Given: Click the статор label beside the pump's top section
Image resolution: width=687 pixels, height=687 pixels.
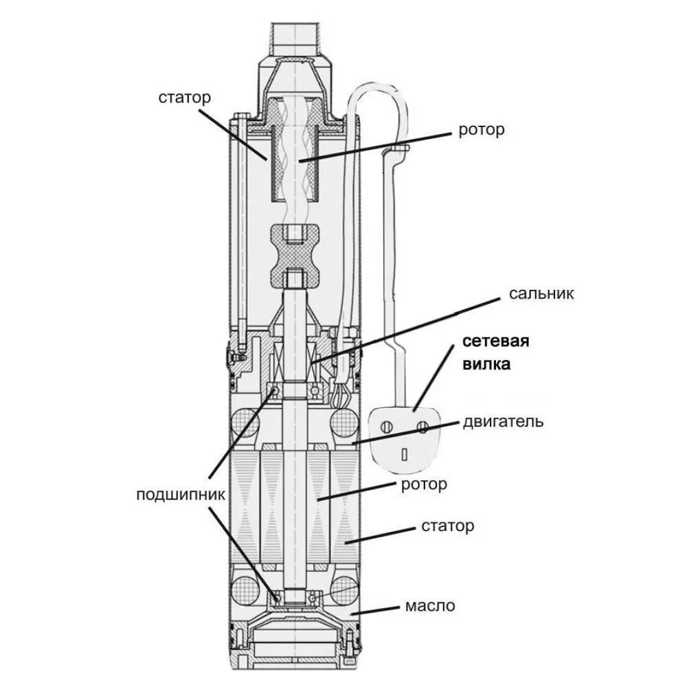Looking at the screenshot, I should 183,98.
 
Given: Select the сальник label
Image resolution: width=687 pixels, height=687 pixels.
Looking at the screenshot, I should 541,294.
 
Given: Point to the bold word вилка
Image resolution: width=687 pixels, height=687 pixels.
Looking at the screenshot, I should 485,364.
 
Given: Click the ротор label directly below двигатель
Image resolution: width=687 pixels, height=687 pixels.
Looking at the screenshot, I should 423,484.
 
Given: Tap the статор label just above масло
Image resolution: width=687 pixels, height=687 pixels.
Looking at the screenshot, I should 447,527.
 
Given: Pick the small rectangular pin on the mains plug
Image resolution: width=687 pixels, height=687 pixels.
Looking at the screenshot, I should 405,453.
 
